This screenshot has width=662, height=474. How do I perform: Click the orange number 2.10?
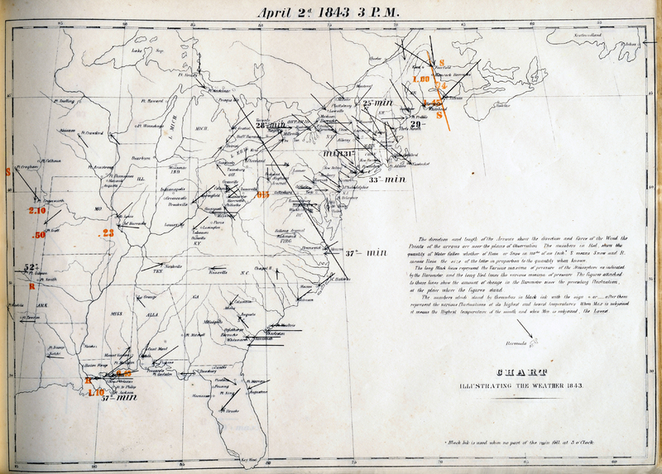tap(38, 212)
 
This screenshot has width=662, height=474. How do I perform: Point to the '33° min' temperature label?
tap(386, 179)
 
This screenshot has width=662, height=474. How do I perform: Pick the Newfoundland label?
tap(610, 36)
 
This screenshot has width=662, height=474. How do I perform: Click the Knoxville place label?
tap(218, 272)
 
